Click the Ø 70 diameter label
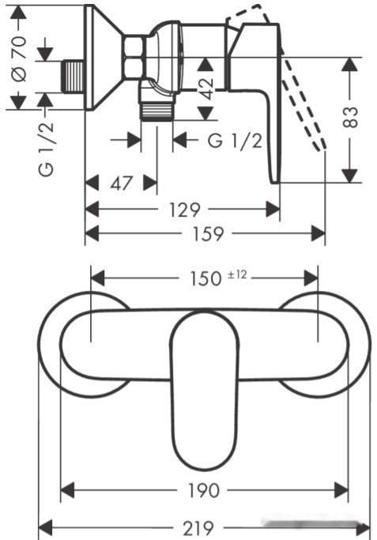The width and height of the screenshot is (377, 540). tap(19, 58)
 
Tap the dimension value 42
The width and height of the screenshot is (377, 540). tap(205, 89)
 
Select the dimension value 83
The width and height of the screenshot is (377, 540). tap(351, 117)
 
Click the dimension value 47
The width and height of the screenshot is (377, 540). tap(121, 183)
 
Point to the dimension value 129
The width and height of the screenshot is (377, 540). tap(184, 210)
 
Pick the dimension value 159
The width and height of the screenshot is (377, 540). tap(209, 234)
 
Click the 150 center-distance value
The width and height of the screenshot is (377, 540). tap(205, 278)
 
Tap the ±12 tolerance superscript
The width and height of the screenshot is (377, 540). tap(238, 274)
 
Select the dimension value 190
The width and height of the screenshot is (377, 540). tap(203, 490)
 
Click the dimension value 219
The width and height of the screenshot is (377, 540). tap(198, 528)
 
